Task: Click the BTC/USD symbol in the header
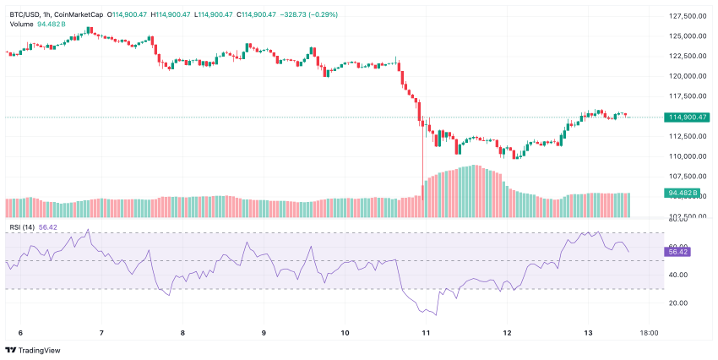coord(26,14)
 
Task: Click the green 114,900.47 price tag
coord(686,117)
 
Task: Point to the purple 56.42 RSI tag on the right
coord(678,252)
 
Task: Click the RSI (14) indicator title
coord(22,226)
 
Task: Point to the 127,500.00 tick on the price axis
coord(686,16)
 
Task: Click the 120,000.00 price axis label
coord(686,76)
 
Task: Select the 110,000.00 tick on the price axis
coord(686,156)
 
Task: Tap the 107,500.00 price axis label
coord(686,176)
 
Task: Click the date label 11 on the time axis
coord(426,333)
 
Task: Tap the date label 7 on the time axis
coord(101,333)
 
